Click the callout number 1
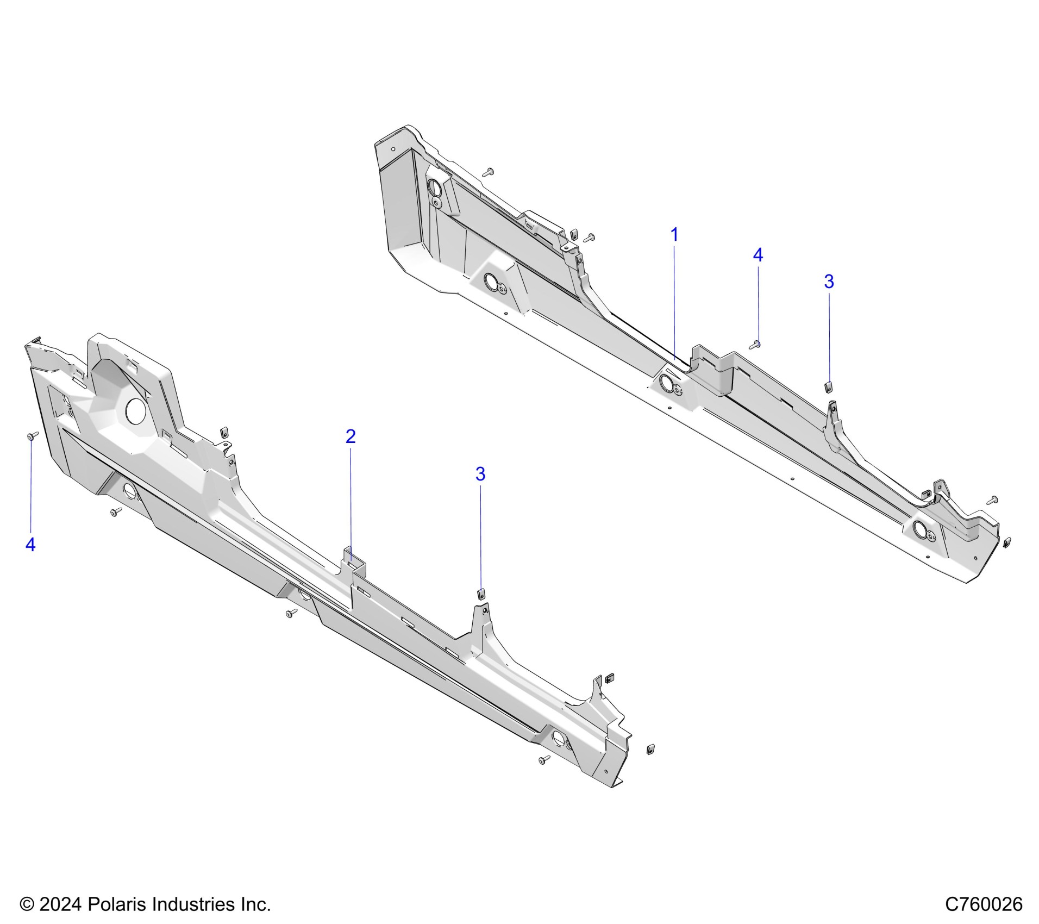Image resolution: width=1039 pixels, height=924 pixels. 674,235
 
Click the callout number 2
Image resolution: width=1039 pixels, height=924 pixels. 350,436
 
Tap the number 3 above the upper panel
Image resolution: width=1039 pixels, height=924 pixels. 829,282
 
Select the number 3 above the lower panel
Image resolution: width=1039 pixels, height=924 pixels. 480,475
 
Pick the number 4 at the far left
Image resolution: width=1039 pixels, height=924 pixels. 30,544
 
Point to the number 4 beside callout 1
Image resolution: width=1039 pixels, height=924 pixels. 758,255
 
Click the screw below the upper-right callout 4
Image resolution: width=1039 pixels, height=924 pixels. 756,344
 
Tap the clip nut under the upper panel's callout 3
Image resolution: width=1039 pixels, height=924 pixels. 829,386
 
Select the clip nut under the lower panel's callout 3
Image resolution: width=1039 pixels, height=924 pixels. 480,593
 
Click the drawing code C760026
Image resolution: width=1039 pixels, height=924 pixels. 984,904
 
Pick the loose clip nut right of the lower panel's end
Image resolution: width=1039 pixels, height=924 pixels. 650,749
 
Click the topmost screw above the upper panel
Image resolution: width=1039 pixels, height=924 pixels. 488,172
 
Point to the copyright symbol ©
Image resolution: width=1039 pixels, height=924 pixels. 26,904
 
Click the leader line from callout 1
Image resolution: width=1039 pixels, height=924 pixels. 674,299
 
